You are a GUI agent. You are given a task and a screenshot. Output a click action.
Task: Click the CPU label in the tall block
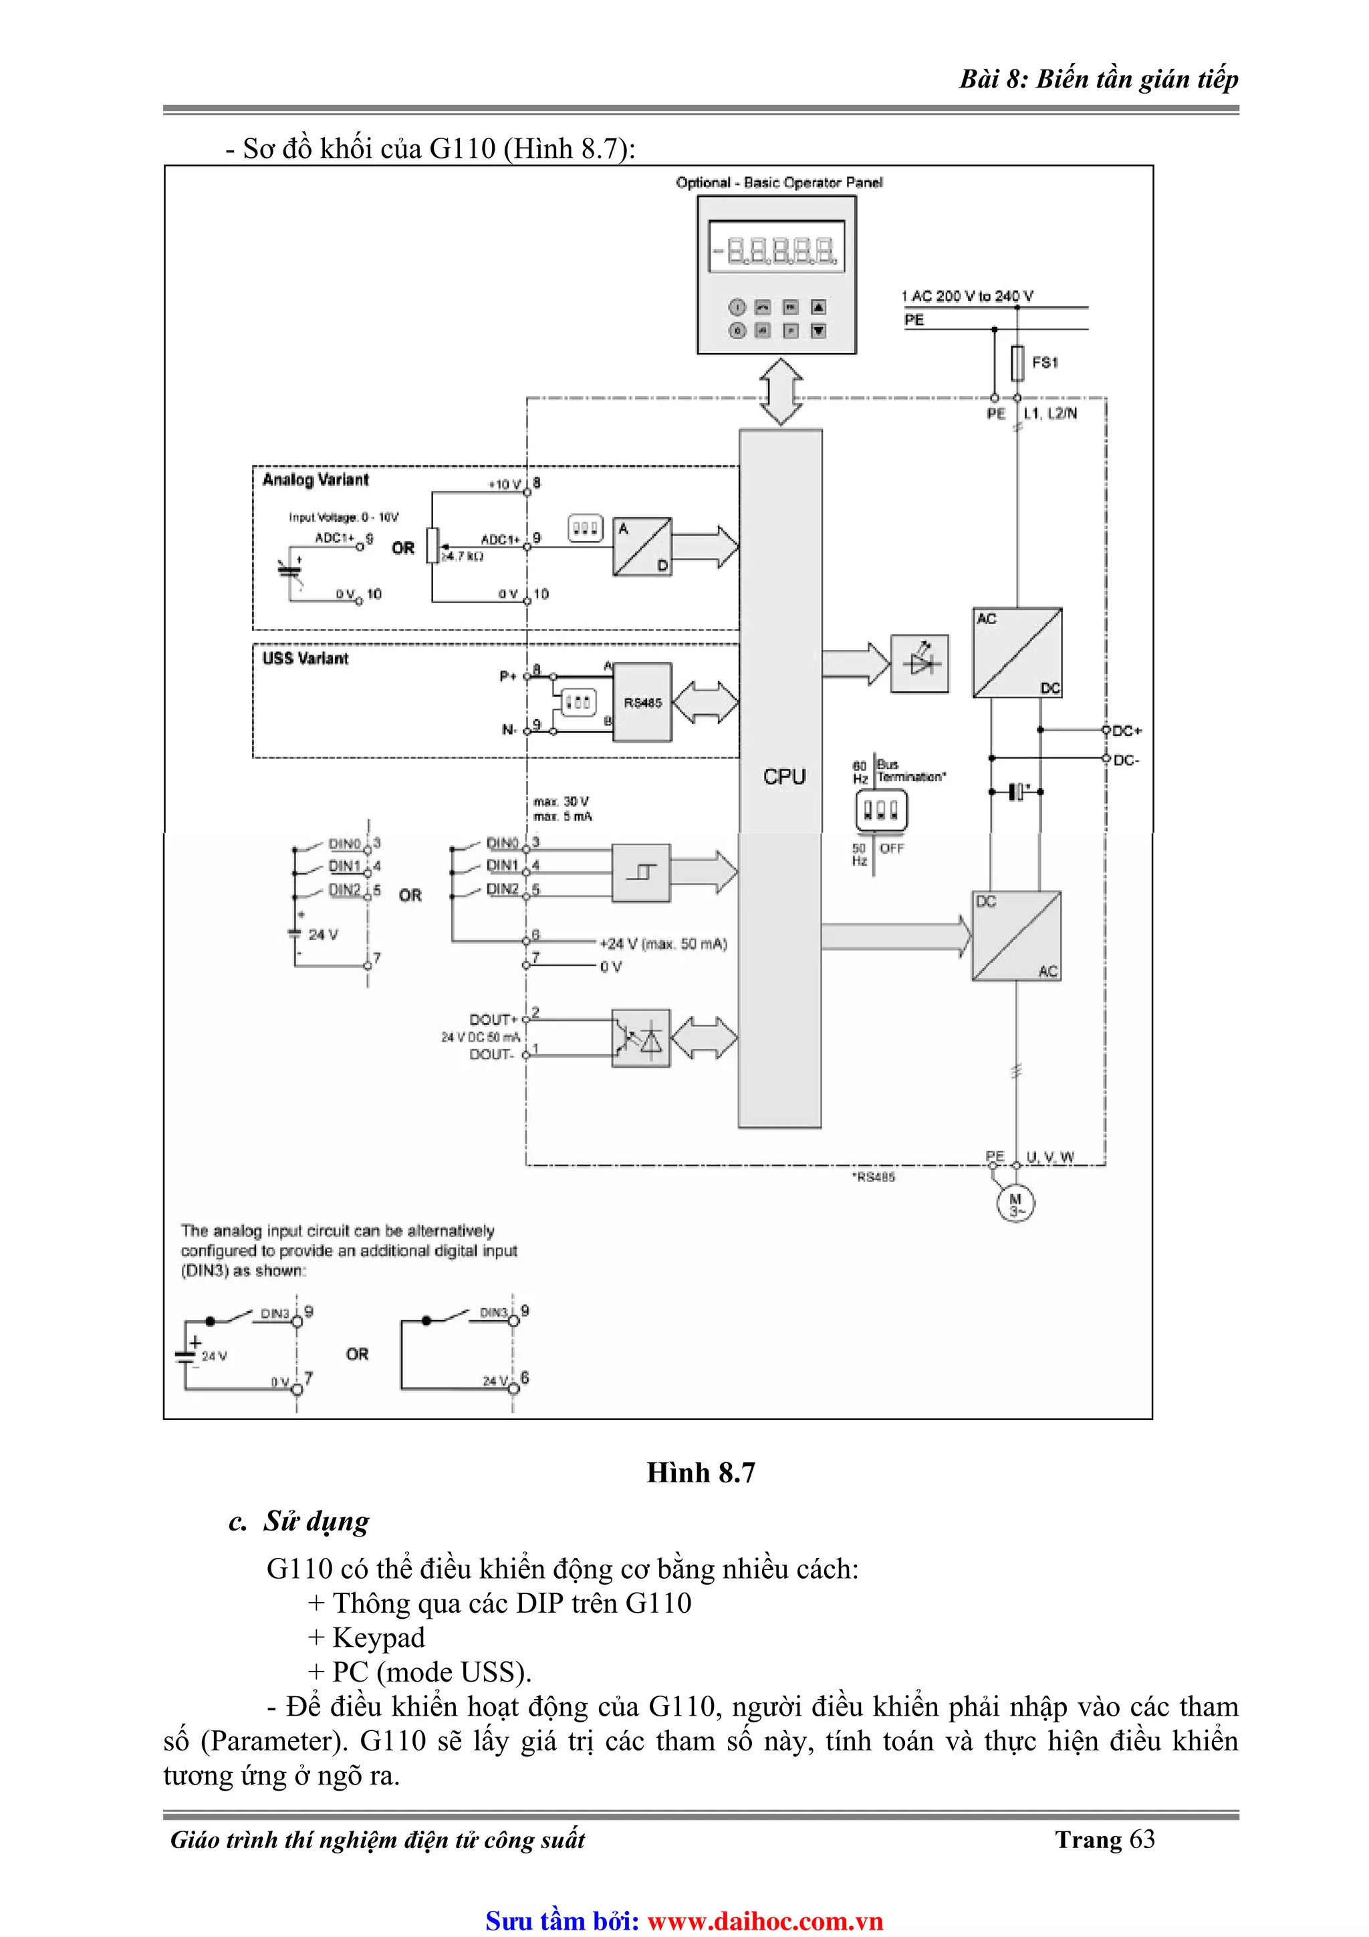pos(783,776)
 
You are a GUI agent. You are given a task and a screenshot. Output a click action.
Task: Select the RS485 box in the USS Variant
pos(642,702)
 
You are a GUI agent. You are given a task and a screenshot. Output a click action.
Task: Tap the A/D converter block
pos(642,547)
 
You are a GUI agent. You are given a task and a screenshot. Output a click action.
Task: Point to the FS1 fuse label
pos(1044,363)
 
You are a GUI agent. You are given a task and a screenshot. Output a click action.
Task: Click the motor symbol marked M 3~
pos(1015,1204)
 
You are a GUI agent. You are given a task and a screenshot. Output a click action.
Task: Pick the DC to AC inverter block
pos(1017,935)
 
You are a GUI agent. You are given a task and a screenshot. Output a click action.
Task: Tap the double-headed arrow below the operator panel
pos(781,391)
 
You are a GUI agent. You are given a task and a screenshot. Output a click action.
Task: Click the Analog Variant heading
pos(316,480)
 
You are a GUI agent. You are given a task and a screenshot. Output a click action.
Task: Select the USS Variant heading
pos(305,659)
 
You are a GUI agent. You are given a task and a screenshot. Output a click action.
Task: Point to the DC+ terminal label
pos(1127,731)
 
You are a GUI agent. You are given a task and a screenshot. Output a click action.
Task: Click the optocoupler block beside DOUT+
pos(640,1038)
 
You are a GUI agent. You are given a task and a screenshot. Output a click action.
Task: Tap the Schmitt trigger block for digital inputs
pos(640,873)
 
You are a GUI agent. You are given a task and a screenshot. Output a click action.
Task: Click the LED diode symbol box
pos(919,664)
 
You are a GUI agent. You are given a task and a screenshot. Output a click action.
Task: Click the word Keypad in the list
pos(379,1637)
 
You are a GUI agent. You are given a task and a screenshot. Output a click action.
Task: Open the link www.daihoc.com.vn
pos(765,1921)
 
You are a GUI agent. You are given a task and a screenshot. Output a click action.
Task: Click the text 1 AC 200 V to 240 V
pos(967,296)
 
